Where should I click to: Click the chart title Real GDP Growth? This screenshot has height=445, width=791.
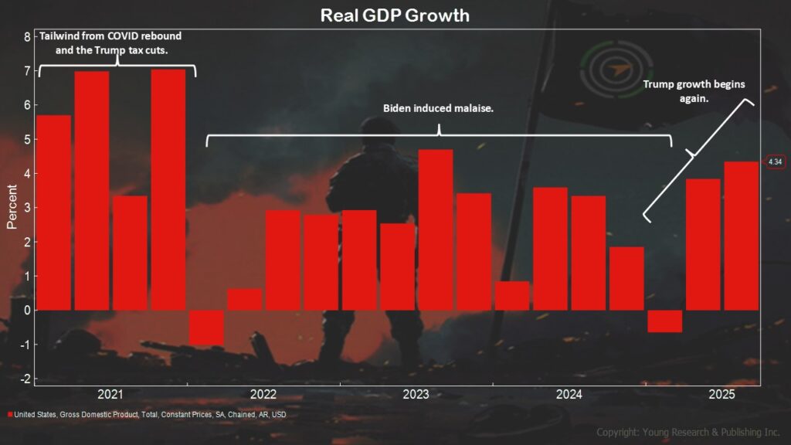[395, 15]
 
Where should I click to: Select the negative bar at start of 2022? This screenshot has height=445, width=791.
[206, 327]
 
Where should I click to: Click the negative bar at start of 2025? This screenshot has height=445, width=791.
[664, 321]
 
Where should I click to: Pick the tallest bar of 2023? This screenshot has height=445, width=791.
[436, 229]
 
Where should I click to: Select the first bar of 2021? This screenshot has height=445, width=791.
[54, 212]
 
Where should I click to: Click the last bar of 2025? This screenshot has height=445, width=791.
[741, 236]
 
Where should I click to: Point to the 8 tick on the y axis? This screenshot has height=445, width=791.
[27, 37]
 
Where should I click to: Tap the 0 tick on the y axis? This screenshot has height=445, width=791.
[27, 311]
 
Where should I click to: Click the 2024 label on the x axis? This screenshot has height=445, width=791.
[569, 395]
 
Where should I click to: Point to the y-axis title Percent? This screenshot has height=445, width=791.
[12, 207]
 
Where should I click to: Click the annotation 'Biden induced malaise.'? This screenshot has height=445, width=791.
[438, 108]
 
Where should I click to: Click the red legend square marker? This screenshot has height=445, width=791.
[10, 415]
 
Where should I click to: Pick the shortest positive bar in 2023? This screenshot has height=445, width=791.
[512, 295]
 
